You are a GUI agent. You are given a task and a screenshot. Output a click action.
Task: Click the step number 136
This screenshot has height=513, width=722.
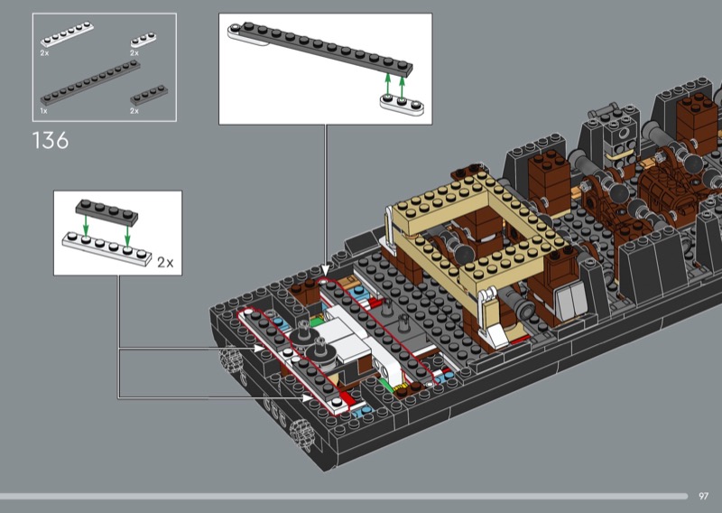pos(51,141)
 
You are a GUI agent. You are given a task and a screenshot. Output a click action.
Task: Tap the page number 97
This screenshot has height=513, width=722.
pos(703,496)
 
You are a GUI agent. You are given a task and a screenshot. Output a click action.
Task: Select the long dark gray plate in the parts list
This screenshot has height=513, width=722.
pos(90,83)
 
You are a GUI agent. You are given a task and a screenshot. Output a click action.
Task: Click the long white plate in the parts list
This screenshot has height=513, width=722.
pos(67,34)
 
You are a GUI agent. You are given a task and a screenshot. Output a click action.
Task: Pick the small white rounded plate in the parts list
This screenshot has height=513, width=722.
pos(143,40)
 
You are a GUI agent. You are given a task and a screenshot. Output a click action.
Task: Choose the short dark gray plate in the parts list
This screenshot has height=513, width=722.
pos(149,96)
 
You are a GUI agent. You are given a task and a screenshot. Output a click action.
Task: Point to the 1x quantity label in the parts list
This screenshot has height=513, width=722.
pos(43,111)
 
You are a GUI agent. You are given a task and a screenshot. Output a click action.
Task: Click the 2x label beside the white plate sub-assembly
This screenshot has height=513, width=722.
pos(165,262)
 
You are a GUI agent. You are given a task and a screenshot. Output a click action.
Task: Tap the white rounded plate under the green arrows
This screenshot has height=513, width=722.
pos(402,104)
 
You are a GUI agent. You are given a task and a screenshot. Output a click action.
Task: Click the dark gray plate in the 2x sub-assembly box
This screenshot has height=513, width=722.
pos(106,212)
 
